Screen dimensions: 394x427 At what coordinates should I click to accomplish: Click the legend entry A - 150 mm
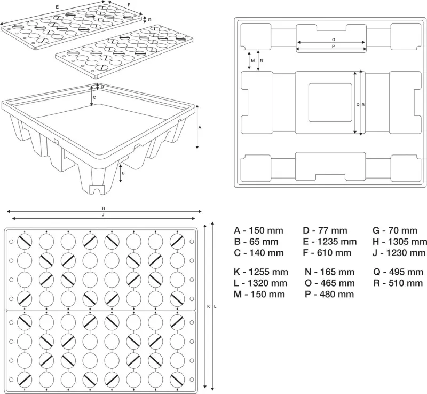point(258,230)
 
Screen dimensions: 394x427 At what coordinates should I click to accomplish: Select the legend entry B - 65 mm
point(256,242)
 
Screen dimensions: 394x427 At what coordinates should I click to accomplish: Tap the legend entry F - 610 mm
point(327,253)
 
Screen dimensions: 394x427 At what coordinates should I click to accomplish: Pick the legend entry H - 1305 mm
point(400,242)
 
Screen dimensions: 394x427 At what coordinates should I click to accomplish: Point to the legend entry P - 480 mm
point(329,294)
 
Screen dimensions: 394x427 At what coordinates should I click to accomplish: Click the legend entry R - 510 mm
point(398,283)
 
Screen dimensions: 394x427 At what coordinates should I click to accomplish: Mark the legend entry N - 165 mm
point(329,272)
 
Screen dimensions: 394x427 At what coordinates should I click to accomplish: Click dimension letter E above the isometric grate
point(57,7)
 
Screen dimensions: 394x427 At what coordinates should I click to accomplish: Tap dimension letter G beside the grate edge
point(150,20)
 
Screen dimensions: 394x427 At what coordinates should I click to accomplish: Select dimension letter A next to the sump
point(200,128)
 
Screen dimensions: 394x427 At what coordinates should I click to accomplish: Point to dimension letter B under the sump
point(124,173)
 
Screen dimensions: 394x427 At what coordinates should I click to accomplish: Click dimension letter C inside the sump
point(94,98)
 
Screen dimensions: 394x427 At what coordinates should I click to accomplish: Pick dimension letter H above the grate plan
point(103,208)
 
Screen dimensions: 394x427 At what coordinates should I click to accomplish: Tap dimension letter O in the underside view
point(333,40)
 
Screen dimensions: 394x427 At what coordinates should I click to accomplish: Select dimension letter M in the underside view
point(253,61)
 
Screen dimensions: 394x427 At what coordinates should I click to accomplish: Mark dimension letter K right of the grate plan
point(209,306)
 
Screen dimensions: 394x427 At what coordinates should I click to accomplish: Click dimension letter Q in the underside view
point(358,105)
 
